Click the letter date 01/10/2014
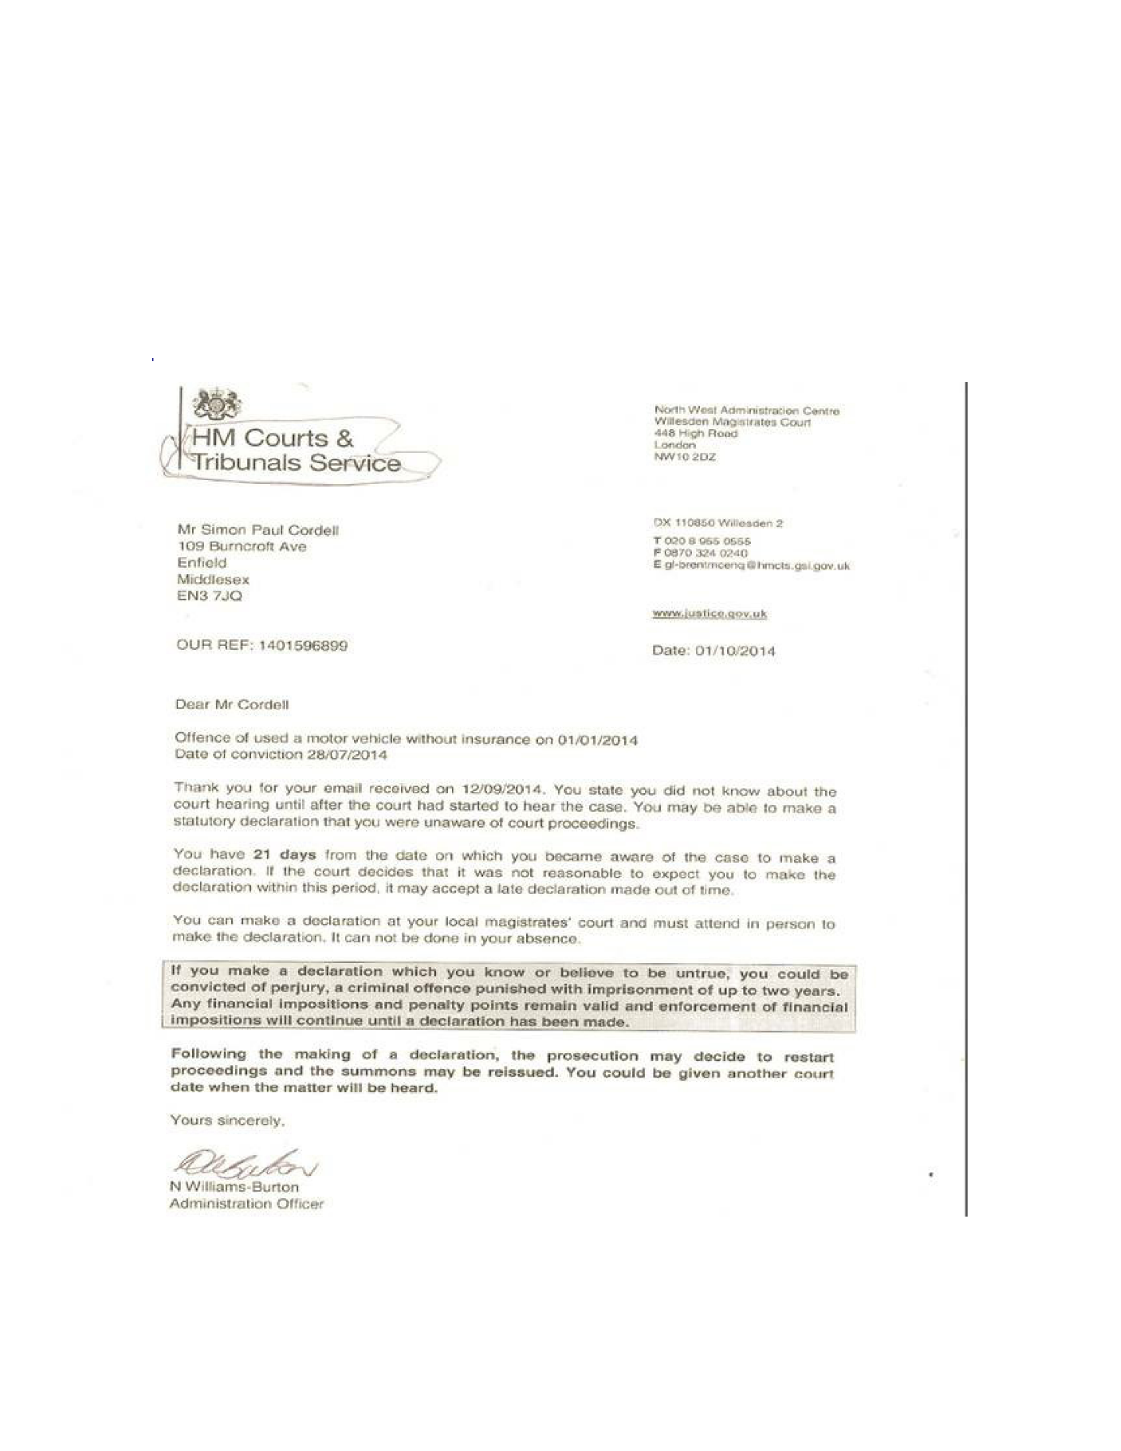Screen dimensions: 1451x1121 tap(735, 651)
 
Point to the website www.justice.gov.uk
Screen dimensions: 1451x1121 tap(709, 613)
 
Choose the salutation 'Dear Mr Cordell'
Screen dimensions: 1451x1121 tap(232, 705)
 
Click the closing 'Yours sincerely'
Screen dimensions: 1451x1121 tap(227, 1120)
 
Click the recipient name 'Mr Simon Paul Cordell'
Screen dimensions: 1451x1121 tap(258, 530)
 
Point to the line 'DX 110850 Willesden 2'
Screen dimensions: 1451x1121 tap(718, 523)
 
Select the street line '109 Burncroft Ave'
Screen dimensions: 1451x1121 tap(241, 547)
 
